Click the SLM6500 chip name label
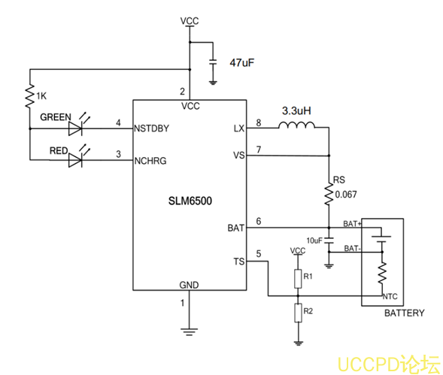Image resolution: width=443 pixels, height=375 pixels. tap(190, 203)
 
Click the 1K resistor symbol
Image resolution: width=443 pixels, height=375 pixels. tap(29, 95)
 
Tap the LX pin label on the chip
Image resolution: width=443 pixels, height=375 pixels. tap(239, 129)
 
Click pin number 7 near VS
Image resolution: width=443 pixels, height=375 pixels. tap(259, 150)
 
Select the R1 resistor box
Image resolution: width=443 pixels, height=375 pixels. tap(298, 279)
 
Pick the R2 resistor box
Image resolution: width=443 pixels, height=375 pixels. tap(298, 311)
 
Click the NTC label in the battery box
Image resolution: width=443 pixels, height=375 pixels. tap(390, 295)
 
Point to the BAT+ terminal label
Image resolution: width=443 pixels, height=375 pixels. tap(353, 224)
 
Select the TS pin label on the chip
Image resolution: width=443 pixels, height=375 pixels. tap(239, 261)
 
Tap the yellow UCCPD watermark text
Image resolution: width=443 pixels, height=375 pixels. tap(387, 364)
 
